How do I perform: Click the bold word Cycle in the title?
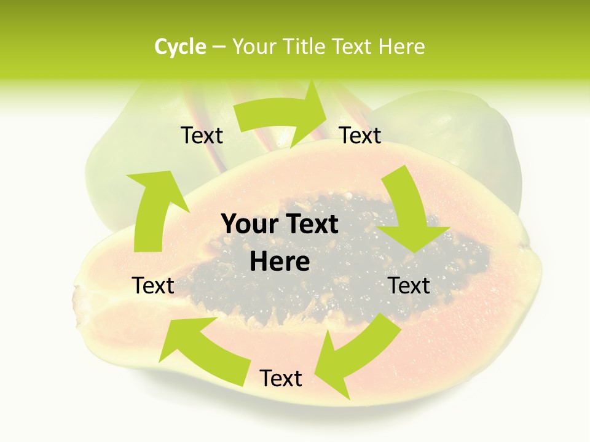point(180,47)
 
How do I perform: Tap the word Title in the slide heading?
point(306,47)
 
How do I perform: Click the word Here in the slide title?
point(402,47)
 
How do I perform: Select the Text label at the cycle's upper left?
point(202,136)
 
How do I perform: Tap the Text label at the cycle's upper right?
point(360,136)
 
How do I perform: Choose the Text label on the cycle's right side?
point(409,285)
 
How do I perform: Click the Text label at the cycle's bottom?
point(281,379)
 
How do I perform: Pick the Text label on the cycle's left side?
point(153,285)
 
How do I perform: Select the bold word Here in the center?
point(280,261)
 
